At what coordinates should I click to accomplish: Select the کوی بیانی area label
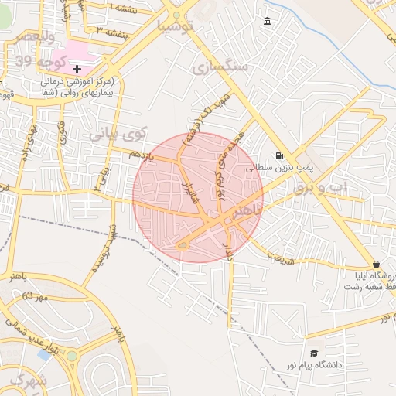pos(116,134)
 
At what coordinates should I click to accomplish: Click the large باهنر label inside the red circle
pos(247,210)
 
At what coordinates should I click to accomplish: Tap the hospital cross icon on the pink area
pos(77,70)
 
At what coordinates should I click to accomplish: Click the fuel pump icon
pos(278,155)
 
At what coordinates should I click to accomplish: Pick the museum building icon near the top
pos(268,20)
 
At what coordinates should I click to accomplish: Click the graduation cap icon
pos(313,353)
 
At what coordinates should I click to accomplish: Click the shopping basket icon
pos(376,264)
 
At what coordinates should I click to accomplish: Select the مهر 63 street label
pos(36,296)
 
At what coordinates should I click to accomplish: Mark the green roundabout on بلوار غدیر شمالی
pos(72,357)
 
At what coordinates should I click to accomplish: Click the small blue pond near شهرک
pos(44,354)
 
